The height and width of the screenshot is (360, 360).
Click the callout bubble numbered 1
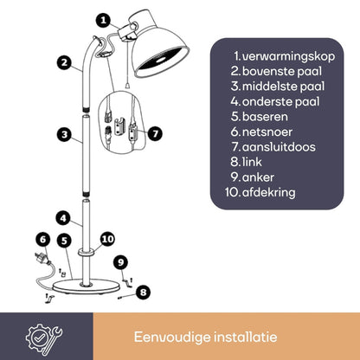(103, 18)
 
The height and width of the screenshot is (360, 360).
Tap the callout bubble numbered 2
(64, 61)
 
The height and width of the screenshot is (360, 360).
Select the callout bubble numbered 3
(64, 134)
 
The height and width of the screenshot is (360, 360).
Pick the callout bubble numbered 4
(64, 218)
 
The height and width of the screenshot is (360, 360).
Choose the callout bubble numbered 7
(155, 133)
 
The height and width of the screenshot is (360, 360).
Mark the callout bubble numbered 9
(120, 260)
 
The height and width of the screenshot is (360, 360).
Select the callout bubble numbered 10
(106, 238)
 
